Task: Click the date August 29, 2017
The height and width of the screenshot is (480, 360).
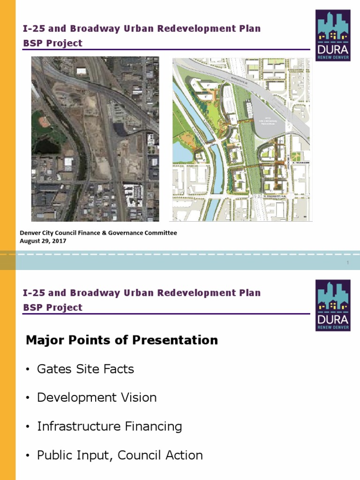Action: [x=43, y=241]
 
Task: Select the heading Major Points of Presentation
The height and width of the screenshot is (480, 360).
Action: [x=122, y=340]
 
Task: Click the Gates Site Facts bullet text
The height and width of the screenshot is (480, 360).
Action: [x=85, y=369]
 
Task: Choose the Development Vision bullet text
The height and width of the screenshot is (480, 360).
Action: [x=97, y=397]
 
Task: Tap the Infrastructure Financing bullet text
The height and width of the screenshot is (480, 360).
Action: [x=109, y=427]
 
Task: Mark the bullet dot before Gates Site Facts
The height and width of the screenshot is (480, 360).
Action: [x=28, y=369]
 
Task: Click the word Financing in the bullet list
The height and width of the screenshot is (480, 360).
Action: [x=153, y=427]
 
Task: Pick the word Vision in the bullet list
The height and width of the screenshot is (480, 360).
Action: [x=139, y=397]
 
